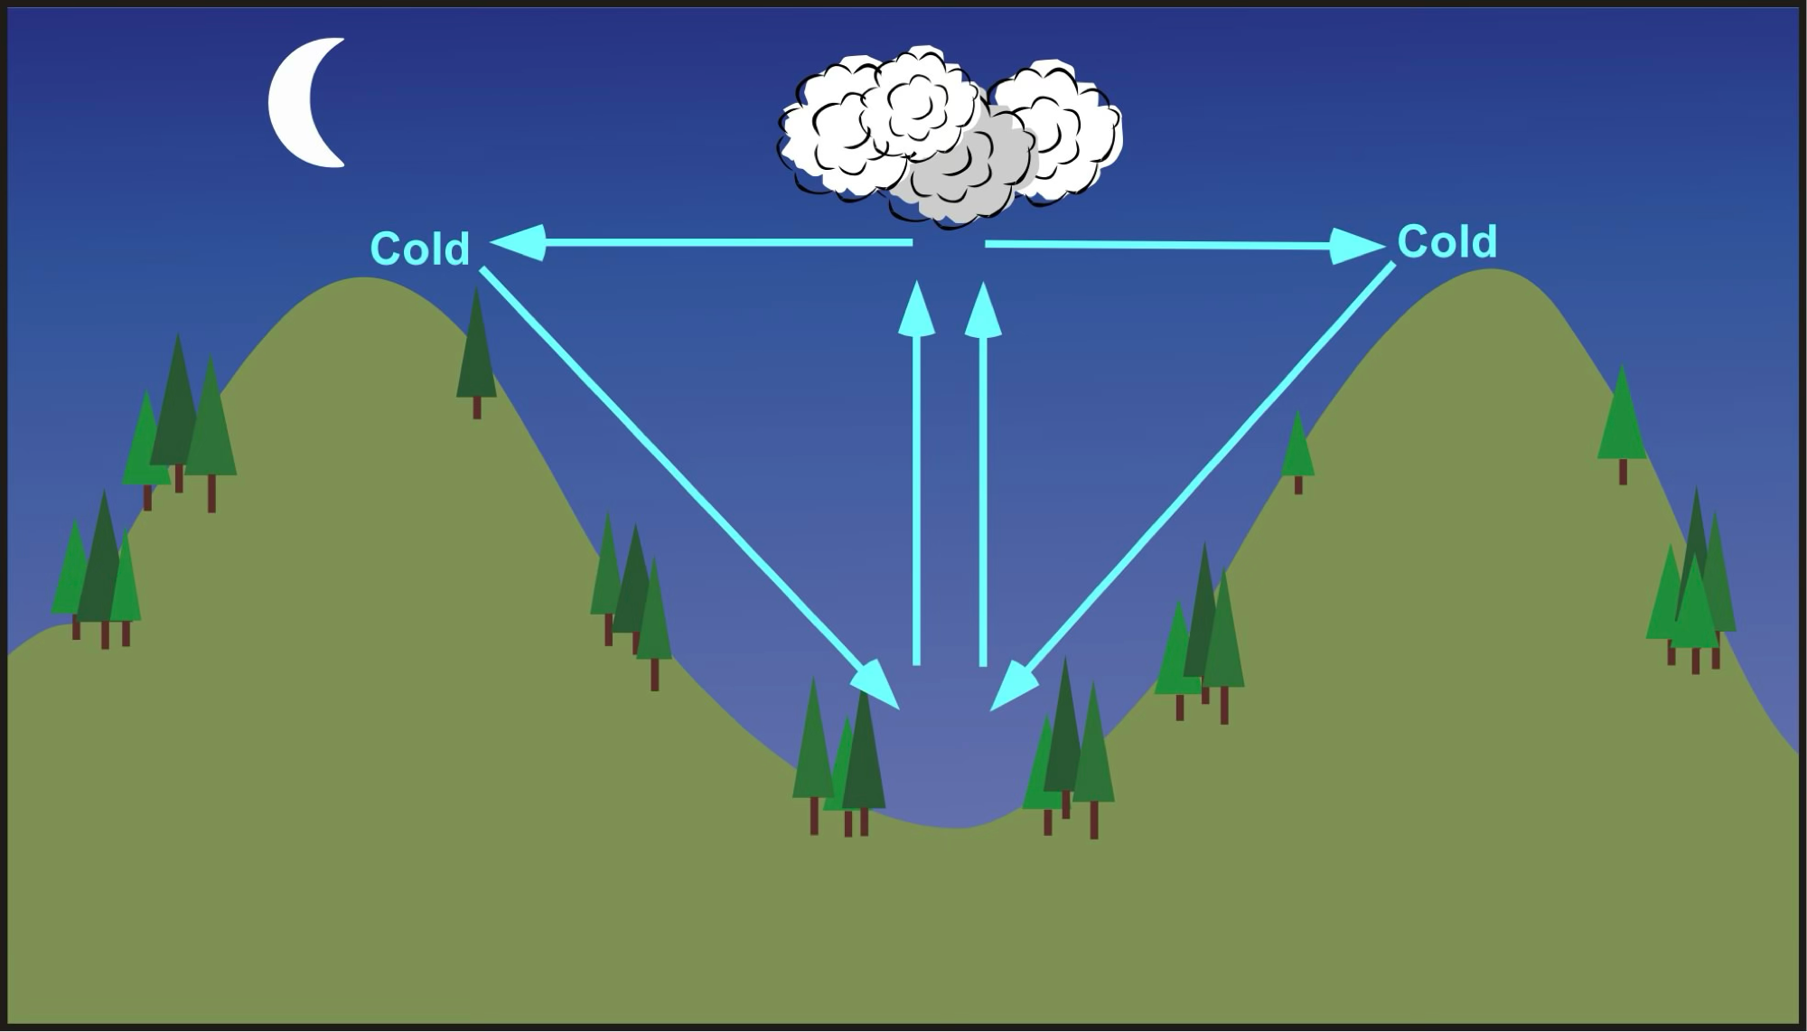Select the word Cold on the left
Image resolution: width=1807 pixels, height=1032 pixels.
(x=420, y=249)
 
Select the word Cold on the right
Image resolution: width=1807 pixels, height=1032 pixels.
(x=1447, y=242)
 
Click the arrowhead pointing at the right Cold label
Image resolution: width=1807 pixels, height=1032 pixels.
(x=1357, y=246)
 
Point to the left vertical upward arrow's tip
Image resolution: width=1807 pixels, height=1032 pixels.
(x=917, y=282)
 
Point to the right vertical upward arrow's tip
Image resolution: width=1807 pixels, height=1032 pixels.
(x=983, y=283)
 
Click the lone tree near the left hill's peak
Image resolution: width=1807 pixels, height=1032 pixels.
(x=476, y=352)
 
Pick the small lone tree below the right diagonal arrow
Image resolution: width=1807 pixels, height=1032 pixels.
(x=1297, y=452)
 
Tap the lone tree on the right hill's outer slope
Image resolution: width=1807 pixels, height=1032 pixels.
(x=1622, y=425)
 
